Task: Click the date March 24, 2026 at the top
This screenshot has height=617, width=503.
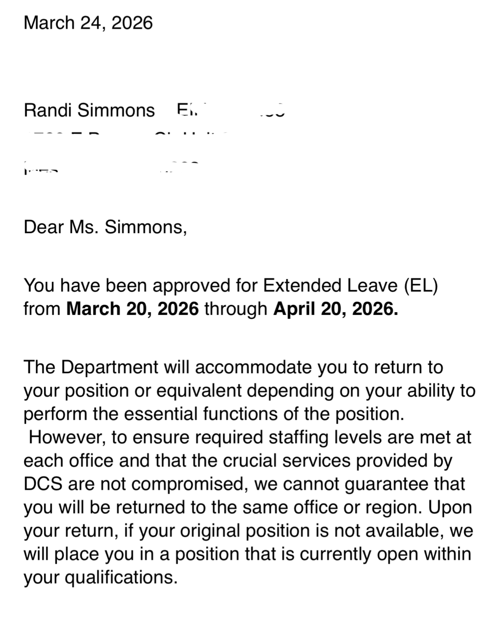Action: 88,23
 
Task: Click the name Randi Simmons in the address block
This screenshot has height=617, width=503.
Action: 89,110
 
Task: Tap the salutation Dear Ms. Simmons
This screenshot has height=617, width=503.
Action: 105,227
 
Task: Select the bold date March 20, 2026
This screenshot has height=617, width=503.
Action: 132,309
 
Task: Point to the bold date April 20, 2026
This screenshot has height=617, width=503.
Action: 335,309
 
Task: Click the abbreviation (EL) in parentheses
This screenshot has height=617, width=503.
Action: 421,286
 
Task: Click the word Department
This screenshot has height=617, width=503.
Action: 110,367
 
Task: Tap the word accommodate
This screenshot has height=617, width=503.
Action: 253,367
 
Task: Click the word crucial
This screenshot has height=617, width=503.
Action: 250,461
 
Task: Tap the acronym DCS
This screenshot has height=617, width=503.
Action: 43,484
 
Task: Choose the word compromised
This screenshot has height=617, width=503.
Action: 190,484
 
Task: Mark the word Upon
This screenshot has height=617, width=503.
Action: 450,507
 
